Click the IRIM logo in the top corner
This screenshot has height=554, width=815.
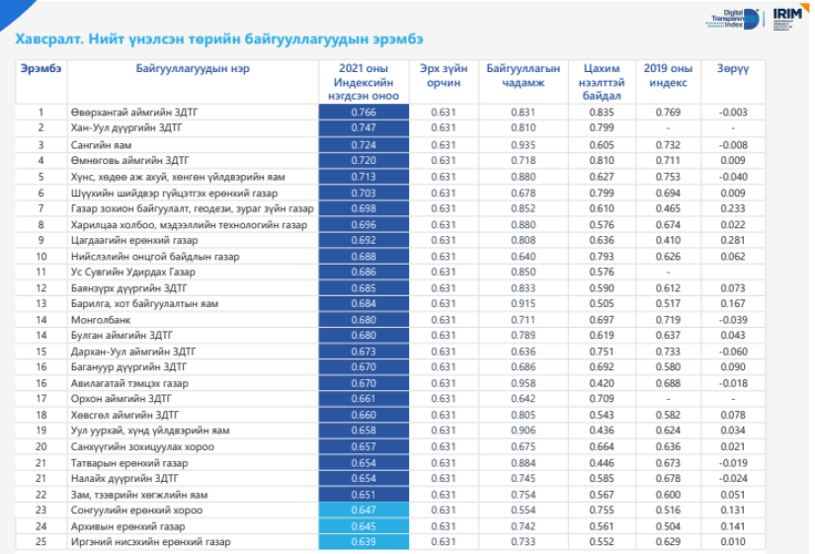pyautogui.click(x=788, y=17)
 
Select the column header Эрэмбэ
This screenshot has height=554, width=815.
pyautogui.click(x=41, y=69)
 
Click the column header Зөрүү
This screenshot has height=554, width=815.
pyautogui.click(x=733, y=69)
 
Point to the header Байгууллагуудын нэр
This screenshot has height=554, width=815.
pyautogui.click(x=193, y=69)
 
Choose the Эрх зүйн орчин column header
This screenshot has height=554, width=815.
pyautogui.click(x=444, y=76)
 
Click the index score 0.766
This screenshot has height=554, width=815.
pyautogui.click(x=363, y=113)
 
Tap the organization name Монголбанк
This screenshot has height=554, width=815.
pyautogui.click(x=99, y=319)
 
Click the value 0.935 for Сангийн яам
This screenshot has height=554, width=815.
pyautogui.click(x=523, y=144)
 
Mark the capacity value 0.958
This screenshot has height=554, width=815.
pyautogui.click(x=523, y=383)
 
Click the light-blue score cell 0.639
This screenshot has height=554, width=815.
pyautogui.click(x=363, y=542)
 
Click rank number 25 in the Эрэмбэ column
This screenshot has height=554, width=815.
pyautogui.click(x=41, y=542)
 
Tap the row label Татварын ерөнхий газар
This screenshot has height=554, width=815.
pyautogui.click(x=128, y=463)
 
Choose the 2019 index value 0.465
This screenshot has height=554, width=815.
pyautogui.click(x=668, y=207)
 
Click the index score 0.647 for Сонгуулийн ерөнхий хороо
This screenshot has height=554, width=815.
pyautogui.click(x=363, y=511)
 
